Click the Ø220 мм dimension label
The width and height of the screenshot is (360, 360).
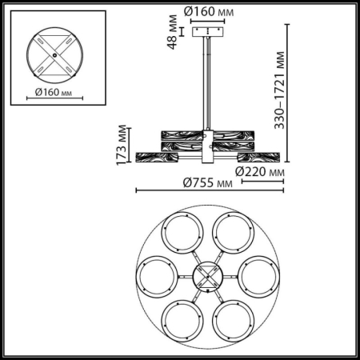pyautogui.click(x=261, y=171)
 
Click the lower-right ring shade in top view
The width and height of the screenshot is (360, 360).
pyautogui.click(x=235, y=320)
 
